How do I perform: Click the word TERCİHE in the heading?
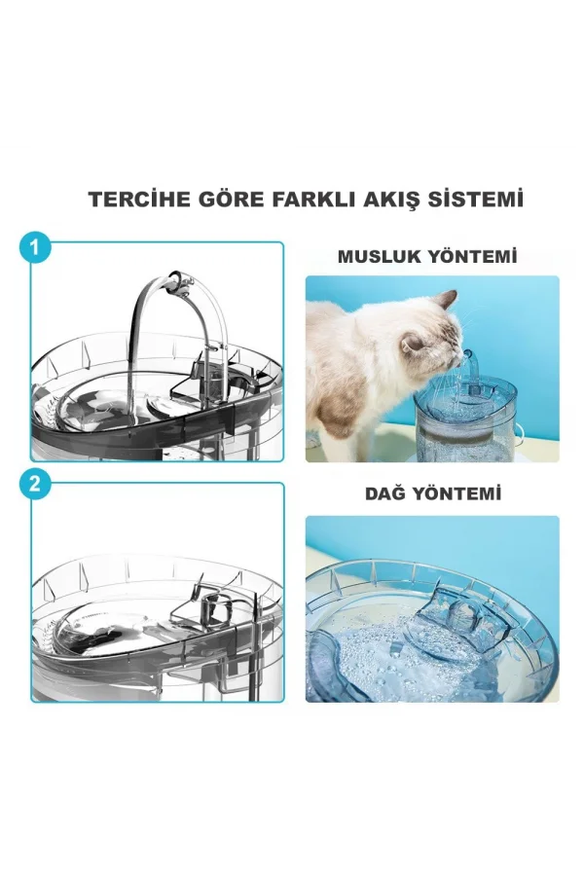131,200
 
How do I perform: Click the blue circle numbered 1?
35,248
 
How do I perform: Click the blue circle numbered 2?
35,485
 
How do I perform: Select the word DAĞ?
383,494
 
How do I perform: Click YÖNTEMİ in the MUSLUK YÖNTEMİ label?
475,258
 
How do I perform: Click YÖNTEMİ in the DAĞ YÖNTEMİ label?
457,494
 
